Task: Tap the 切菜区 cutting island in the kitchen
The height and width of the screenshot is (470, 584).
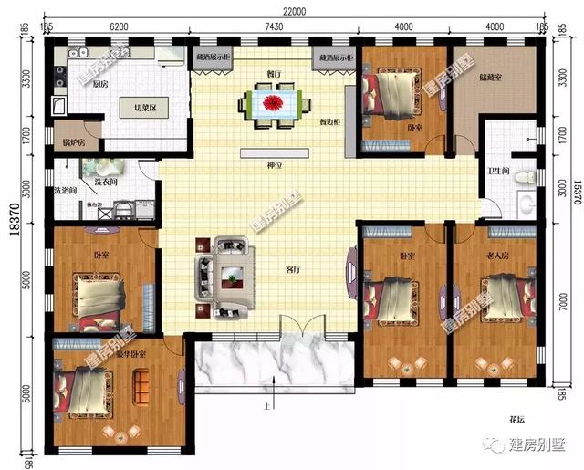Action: [146, 108]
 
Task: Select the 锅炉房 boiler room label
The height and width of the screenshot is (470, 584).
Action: [73, 143]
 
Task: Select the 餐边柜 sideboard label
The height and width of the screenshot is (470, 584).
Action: [328, 120]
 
